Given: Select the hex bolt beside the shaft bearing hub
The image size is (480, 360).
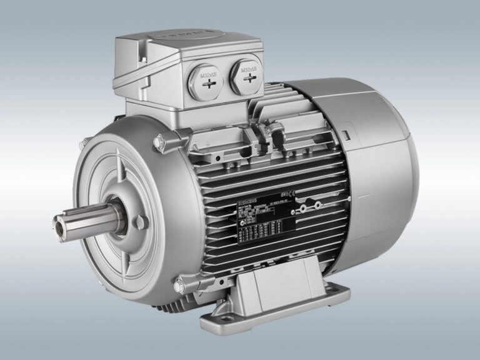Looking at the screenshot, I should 140,221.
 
